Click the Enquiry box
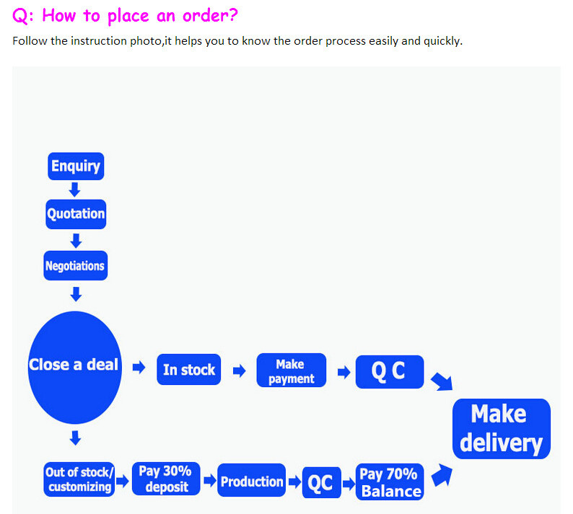coord(76,166)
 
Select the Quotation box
coord(76,214)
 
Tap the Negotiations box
coord(75,265)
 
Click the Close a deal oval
coord(74,367)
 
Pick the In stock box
coord(188,369)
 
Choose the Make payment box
coord(292,370)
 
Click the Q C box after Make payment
coord(390,372)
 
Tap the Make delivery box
coord(502,429)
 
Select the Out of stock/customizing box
coord(79,479)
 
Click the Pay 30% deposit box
coord(166,479)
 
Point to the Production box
coord(251,480)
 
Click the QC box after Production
coord(322,482)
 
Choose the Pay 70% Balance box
coord(390,482)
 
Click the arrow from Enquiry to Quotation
coord(74,190)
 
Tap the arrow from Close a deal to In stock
coord(139,367)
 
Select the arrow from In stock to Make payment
coord(240,371)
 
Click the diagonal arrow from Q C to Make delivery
coord(442,382)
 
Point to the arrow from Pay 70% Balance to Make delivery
coord(442,475)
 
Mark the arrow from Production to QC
coord(294,482)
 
